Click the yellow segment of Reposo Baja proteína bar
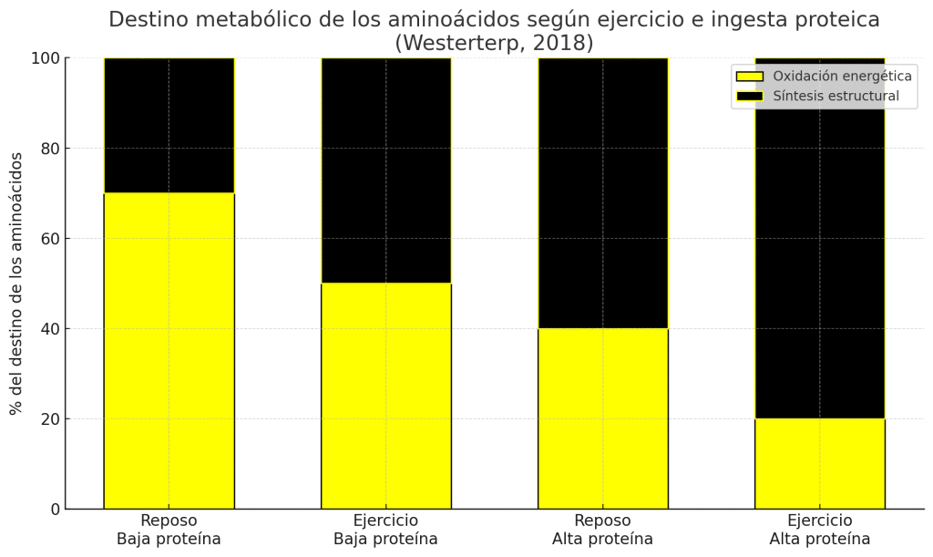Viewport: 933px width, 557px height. tap(169, 351)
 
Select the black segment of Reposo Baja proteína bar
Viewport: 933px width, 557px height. tap(169, 126)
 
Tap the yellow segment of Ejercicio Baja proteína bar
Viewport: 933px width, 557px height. tap(385, 396)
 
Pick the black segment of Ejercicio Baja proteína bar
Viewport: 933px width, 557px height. tap(385, 170)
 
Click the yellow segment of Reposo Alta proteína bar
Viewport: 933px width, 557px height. tap(602, 418)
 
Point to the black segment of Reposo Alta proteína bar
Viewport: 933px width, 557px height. tap(602, 193)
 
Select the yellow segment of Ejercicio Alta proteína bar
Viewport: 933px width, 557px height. tap(819, 463)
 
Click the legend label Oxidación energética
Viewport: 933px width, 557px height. tap(842, 77)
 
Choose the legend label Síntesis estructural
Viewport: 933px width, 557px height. tap(836, 96)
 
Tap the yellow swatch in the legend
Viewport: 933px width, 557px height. tap(749, 77)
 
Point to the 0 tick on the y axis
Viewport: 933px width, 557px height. tap(55, 510)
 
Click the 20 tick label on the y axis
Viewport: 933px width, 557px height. tap(50, 419)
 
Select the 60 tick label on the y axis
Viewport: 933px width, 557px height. tap(50, 239)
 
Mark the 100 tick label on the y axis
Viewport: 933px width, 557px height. tap(46, 58)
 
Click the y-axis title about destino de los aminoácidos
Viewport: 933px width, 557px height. tap(16, 284)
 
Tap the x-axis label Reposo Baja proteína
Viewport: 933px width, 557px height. tap(169, 530)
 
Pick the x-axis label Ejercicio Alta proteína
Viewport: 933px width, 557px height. tap(819, 530)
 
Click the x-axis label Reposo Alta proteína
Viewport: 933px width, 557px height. tap(602, 530)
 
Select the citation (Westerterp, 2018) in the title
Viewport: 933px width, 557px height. tap(494, 43)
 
